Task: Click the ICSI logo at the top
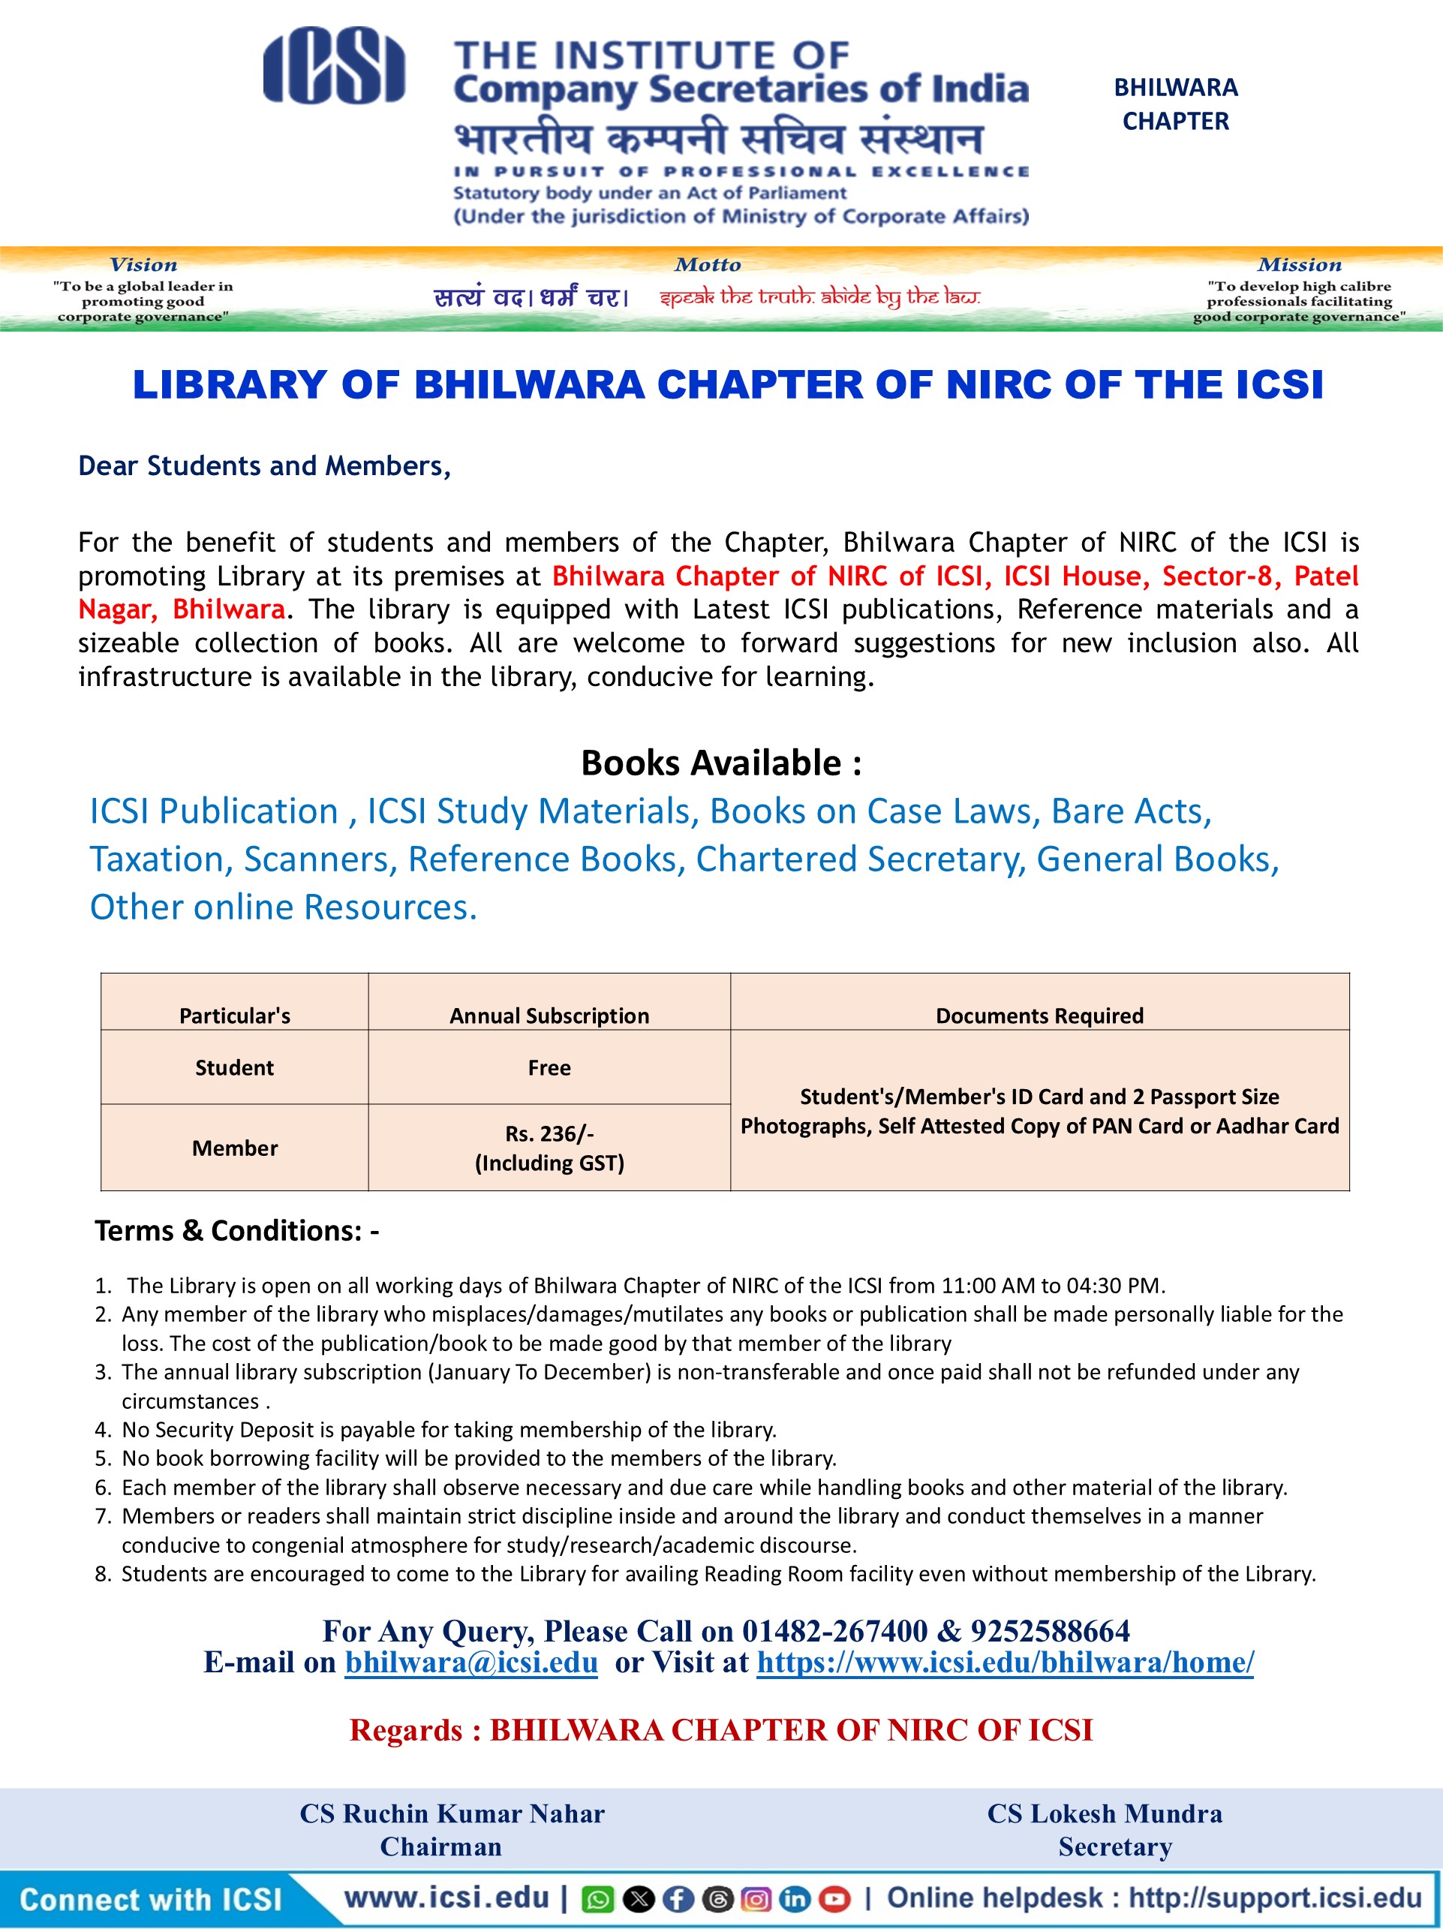click(x=334, y=65)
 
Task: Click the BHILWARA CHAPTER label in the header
click(x=1175, y=104)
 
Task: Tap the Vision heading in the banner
click(x=143, y=265)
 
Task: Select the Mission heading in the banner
click(x=1299, y=265)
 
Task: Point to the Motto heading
click(x=707, y=265)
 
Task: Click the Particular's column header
click(x=235, y=1015)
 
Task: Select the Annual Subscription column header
click(x=549, y=1015)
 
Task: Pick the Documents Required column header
click(x=1039, y=1015)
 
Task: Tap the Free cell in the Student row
click(x=549, y=1067)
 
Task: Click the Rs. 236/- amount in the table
click(x=549, y=1133)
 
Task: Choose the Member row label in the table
click(x=235, y=1148)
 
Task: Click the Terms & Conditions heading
click(x=236, y=1230)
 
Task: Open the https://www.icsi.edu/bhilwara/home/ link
click(x=1006, y=1662)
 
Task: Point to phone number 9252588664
click(x=1050, y=1631)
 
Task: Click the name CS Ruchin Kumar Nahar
click(x=452, y=1813)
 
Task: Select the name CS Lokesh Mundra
click(x=1105, y=1813)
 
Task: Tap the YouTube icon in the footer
click(x=835, y=1898)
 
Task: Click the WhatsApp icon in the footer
click(x=598, y=1898)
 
